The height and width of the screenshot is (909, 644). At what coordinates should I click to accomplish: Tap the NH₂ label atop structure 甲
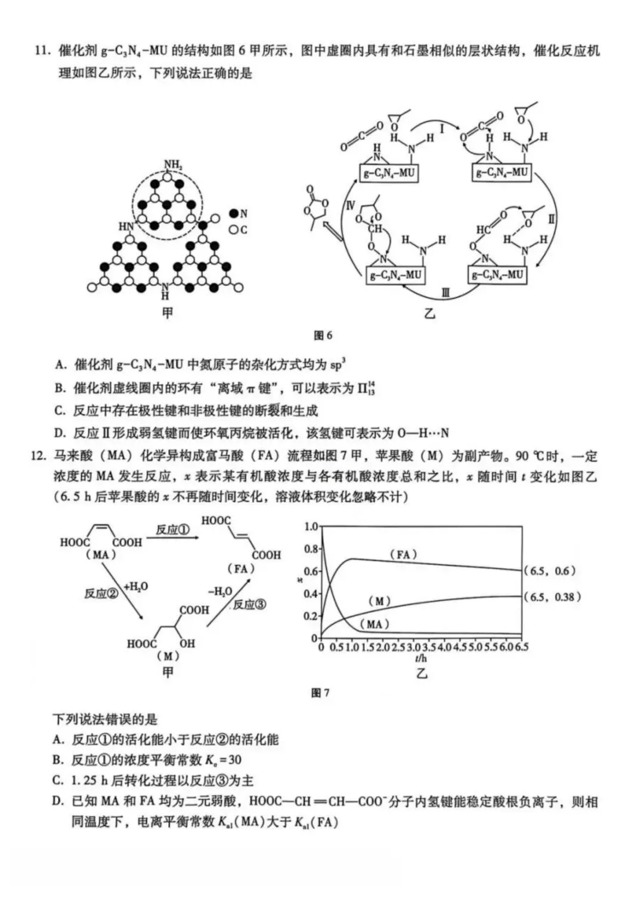point(174,165)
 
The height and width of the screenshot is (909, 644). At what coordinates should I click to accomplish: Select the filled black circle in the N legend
point(234,213)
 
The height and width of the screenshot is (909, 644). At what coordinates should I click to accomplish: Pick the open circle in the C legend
point(234,229)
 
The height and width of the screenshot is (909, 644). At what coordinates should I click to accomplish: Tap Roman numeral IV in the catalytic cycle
point(351,206)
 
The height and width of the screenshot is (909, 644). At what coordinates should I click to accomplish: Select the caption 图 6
point(323,335)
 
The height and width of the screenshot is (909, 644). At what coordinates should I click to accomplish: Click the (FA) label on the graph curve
point(404,555)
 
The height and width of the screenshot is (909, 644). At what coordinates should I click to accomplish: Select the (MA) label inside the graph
point(374,624)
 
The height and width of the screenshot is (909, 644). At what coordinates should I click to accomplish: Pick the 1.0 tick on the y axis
point(311,527)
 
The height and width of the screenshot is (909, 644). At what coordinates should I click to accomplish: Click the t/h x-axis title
point(421,658)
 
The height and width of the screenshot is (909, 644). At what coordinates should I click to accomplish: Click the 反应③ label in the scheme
point(249,605)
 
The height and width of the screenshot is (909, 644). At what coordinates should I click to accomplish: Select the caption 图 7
point(320,693)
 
